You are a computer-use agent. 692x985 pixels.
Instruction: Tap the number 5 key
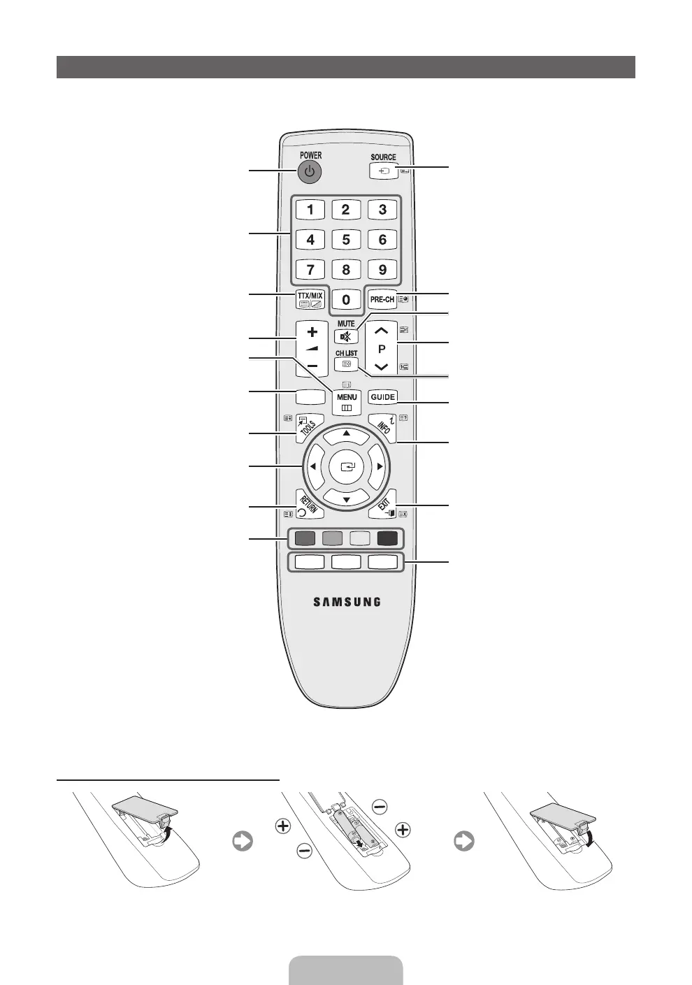(x=346, y=240)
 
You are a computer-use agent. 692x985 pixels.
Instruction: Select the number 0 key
(x=346, y=299)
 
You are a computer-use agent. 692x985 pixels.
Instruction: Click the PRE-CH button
(x=382, y=299)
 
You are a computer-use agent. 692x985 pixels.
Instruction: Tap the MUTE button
(x=346, y=336)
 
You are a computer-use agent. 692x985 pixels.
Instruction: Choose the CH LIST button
(x=346, y=364)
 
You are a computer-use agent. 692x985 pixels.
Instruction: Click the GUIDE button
(x=383, y=397)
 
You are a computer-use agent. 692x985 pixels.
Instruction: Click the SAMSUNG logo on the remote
(x=347, y=601)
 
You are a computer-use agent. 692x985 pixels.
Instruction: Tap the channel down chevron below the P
(x=382, y=366)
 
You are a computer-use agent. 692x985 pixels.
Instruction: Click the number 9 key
(x=382, y=270)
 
